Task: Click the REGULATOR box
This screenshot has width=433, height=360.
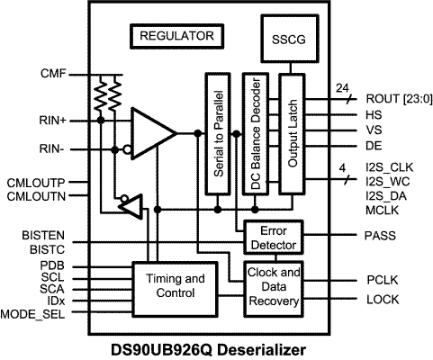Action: point(177,37)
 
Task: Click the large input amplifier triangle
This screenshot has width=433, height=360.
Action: point(151,133)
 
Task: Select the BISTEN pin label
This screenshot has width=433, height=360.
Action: point(43,237)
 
